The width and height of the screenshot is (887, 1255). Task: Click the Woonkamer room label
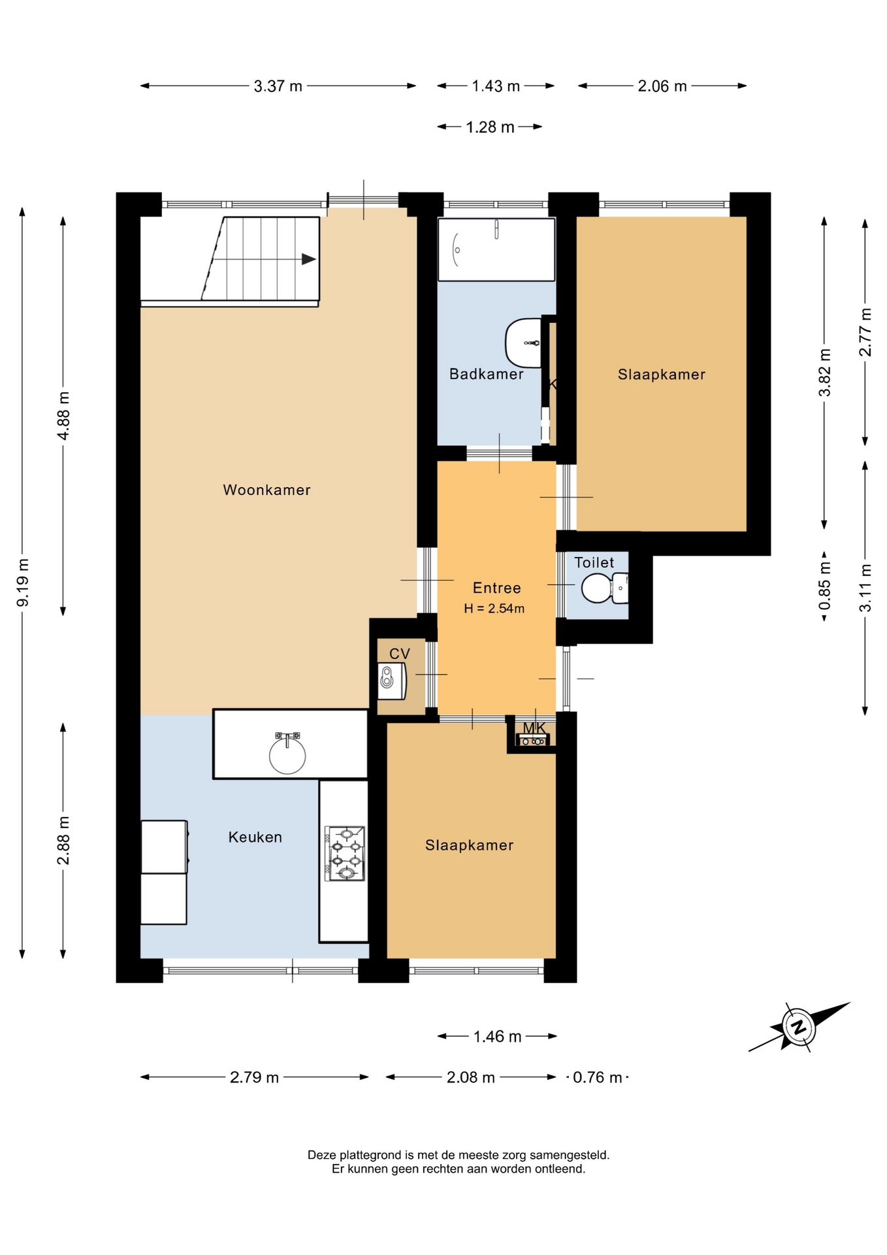coord(266,490)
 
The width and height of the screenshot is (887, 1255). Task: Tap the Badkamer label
coord(487,374)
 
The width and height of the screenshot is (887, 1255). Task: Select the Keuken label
coord(255,837)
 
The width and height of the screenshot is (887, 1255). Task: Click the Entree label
coord(497,588)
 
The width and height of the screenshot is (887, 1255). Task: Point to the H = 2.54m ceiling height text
coord(494,609)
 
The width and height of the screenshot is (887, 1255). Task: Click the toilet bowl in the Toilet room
coord(605,588)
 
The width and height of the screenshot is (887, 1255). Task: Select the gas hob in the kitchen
coord(345,853)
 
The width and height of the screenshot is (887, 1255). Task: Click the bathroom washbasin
coord(524,343)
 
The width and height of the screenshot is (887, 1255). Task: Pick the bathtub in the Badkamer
coord(496,250)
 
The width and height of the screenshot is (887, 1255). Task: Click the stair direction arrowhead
coord(309,259)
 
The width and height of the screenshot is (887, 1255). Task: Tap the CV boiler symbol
coord(392,680)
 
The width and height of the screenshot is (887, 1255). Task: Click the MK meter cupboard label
coord(534,728)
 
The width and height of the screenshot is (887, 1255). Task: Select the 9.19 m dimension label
coord(23,582)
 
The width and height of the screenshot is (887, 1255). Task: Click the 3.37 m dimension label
coord(278,86)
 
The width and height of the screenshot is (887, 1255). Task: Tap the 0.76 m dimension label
coord(597,1077)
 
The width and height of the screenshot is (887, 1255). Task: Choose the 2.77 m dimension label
coord(865,332)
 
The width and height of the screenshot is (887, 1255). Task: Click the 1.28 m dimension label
coord(490,127)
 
